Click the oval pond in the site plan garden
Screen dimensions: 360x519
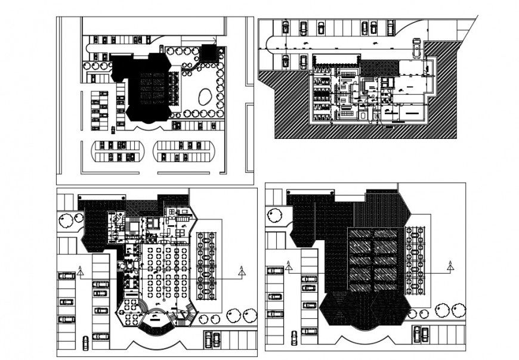pyautogui.click(x=204, y=97)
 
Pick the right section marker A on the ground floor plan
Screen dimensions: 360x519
pyautogui.click(x=242, y=272)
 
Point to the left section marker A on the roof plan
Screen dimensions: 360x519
pyautogui.click(x=289, y=266)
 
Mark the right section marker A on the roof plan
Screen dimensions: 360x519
pyautogui.click(x=448, y=266)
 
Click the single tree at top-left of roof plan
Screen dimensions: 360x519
pyautogui.click(x=275, y=214)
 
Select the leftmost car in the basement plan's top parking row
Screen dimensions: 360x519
pyautogui.click(x=285, y=27)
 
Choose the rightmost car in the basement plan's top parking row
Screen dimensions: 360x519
pyautogui.click(x=391, y=27)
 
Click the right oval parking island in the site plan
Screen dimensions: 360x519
pyautogui.click(x=181, y=151)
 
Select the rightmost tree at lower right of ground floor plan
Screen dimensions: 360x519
pyautogui.click(x=248, y=315)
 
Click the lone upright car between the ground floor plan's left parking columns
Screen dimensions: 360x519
pyautogui.click(x=85, y=342)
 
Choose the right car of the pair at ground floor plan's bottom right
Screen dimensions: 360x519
pyautogui.click(x=216, y=339)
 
